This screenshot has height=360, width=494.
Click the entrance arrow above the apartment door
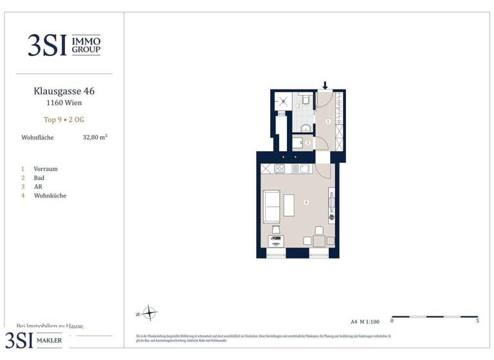pyautogui.click(x=325, y=85)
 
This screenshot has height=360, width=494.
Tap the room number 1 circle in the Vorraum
pyautogui.click(x=328, y=121)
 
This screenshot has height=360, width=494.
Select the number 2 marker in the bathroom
pyautogui.click(x=298, y=105)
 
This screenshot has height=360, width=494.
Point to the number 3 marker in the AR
pyautogui.click(x=307, y=143)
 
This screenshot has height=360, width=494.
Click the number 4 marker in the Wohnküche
pyautogui.click(x=306, y=203)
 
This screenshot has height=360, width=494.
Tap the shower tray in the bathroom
pyautogui.click(x=282, y=101)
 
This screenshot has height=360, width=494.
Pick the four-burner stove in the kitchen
pyautogui.click(x=280, y=169)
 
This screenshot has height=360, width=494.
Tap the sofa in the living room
pyautogui.click(x=272, y=206)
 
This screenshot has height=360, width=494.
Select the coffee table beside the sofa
pyautogui.click(x=289, y=206)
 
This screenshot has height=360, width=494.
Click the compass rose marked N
pyautogui.click(x=149, y=314)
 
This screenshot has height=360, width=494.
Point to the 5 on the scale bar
pyautogui.click(x=477, y=321)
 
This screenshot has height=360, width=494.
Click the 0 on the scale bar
pyautogui.click(x=392, y=321)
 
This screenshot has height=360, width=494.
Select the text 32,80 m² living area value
pyautogui.click(x=95, y=137)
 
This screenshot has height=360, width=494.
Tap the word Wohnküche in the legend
pyautogui.click(x=50, y=195)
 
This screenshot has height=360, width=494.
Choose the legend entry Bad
pyautogui.click(x=39, y=177)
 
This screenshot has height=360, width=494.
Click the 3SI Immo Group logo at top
pyautogui.click(x=64, y=45)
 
